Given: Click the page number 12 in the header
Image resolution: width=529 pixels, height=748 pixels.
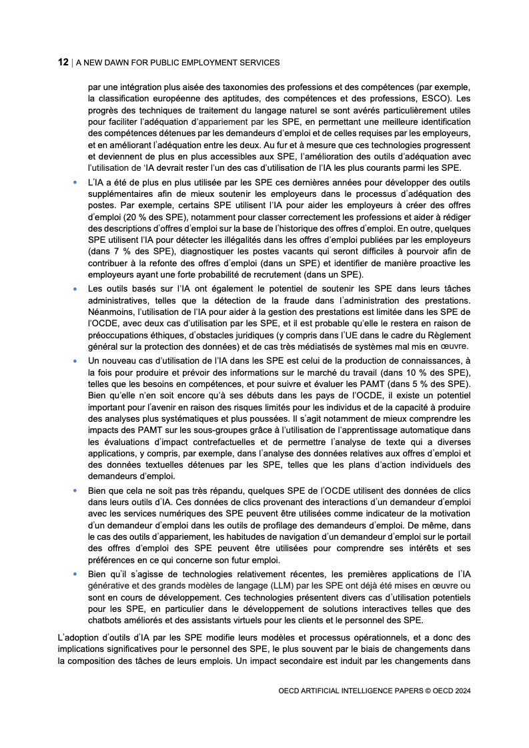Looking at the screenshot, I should tap(63, 62).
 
